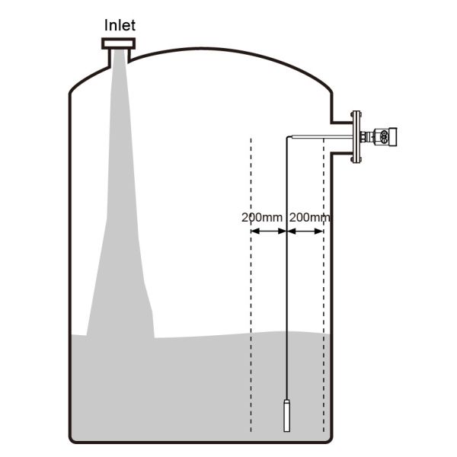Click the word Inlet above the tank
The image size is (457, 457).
[x=120, y=25]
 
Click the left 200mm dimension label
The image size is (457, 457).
[x=261, y=217]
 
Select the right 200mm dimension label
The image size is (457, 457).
[x=311, y=217]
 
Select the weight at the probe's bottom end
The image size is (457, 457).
[x=286, y=415]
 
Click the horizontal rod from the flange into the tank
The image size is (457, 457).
[x=320, y=137]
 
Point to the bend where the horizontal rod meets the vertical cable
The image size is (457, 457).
[x=287, y=137]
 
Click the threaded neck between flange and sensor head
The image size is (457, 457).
[x=368, y=137]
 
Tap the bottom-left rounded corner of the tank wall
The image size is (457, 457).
[x=74, y=436]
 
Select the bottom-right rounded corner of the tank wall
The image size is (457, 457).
[x=328, y=436]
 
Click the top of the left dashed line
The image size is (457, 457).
[x=251, y=140]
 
